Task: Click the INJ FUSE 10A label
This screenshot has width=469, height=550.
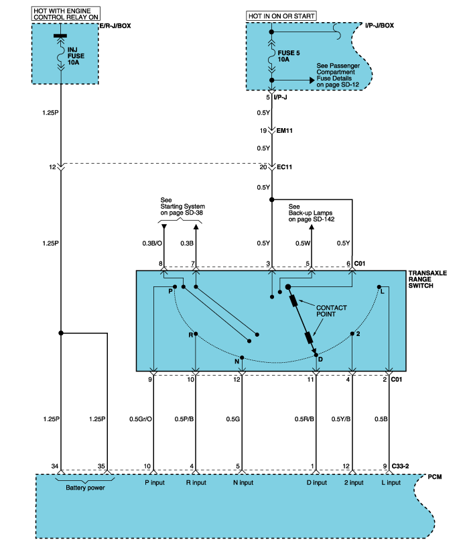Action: [x=76, y=56]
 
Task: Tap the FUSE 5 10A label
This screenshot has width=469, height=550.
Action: [x=289, y=56]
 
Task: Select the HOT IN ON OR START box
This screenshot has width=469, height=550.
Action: [x=281, y=16]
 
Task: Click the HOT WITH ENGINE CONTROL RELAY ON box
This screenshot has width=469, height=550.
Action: [x=66, y=13]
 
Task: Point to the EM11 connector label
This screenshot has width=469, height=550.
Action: [x=284, y=131]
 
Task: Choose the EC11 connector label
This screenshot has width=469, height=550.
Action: [x=284, y=167]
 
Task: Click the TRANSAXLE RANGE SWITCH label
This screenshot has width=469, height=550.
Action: [x=427, y=279]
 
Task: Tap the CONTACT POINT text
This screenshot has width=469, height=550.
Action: [x=332, y=311]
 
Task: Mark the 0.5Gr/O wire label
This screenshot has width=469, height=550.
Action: [x=141, y=419]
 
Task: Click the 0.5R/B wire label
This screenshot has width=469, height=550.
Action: [x=304, y=419]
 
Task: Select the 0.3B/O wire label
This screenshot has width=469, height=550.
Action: [x=152, y=243]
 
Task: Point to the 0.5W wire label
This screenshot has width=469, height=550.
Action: [x=303, y=243]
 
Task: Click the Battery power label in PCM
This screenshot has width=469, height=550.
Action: [x=86, y=488]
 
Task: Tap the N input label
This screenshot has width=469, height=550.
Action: [x=243, y=483]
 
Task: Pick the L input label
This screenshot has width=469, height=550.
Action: [x=391, y=483]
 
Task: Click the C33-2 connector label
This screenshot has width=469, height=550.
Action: [x=400, y=466]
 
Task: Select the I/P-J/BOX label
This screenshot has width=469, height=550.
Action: [x=379, y=25]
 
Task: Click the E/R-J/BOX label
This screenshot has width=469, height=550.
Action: [x=115, y=25]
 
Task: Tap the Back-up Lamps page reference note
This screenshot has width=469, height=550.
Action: [x=312, y=213]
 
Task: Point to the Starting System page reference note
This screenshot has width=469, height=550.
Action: [x=182, y=207]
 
